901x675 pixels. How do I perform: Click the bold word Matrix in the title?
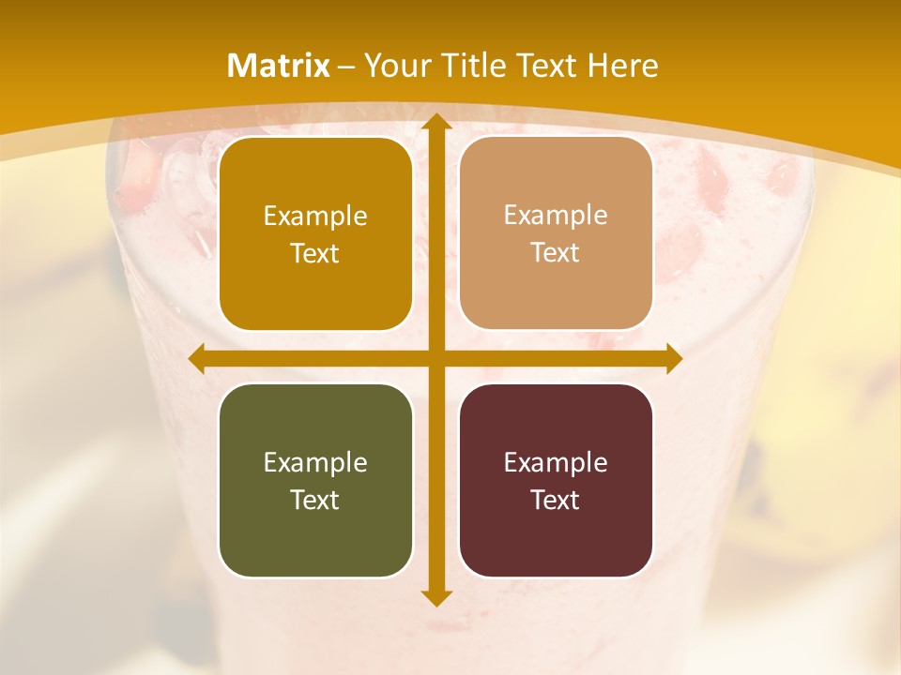pyautogui.click(x=279, y=66)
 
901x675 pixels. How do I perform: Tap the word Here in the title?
pyautogui.click(x=622, y=66)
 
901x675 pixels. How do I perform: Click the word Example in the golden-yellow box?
pyautogui.click(x=315, y=217)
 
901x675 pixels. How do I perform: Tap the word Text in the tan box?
pyautogui.click(x=556, y=253)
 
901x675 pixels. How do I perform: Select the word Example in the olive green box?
pyautogui.click(x=315, y=462)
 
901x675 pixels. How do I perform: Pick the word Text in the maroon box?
pyautogui.click(x=556, y=500)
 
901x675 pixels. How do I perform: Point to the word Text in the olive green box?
pyautogui.click(x=315, y=500)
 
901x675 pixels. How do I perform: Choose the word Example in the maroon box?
pyautogui.click(x=556, y=462)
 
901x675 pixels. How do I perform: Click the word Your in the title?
pyautogui.click(x=394, y=66)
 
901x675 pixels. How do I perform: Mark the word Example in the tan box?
pyautogui.click(x=556, y=216)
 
